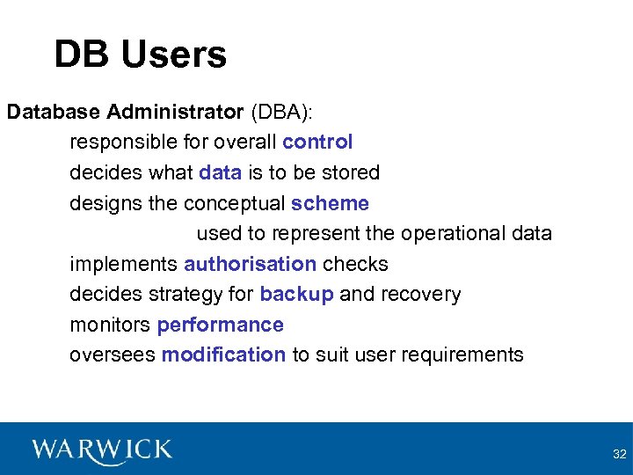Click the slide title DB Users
(140, 54)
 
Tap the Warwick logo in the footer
(102, 450)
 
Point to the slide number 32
(619, 454)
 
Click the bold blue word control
(317, 142)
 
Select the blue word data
(220, 172)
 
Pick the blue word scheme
(330, 203)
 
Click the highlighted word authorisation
(250, 264)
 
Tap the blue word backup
(296, 294)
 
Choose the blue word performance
(220, 325)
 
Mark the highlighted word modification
(223, 354)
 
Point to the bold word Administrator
(175, 112)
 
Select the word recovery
(420, 294)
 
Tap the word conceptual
(234, 203)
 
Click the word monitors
(110, 325)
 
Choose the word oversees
(112, 354)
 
